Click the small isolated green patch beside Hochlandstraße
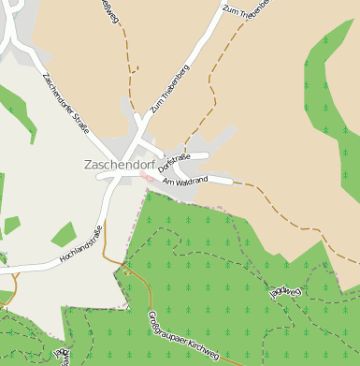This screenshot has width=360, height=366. click(64, 234)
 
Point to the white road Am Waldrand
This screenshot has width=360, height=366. click(211, 177)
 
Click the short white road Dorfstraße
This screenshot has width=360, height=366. click(192, 155)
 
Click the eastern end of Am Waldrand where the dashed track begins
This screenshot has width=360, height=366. click(230, 180)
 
